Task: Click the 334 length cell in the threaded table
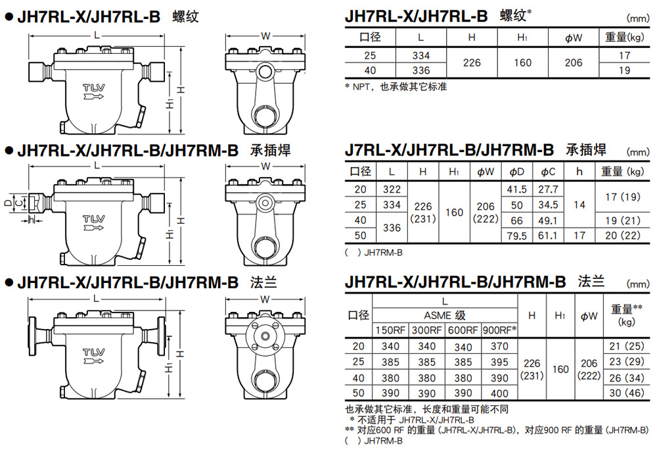point(420,55)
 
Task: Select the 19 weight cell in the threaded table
point(624,70)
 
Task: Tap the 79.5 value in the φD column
point(516,236)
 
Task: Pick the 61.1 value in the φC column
point(548,236)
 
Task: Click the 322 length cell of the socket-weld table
point(392,189)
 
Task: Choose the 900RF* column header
point(499,330)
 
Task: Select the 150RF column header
point(390,330)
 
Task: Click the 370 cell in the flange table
point(499,347)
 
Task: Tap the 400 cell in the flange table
point(499,393)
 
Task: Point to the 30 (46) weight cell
point(626,393)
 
